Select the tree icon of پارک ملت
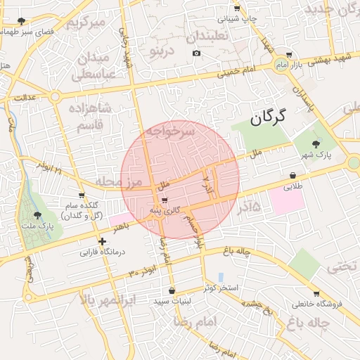[37, 214]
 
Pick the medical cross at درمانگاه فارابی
[103, 241]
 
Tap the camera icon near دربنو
[196, 53]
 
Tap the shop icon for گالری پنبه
[165, 200]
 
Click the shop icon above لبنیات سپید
[172, 290]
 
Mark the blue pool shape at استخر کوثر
[221, 277]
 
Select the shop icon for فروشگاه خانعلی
[316, 294]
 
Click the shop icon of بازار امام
[289, 55]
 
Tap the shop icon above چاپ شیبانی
[237, 8]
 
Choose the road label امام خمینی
[238, 71]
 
